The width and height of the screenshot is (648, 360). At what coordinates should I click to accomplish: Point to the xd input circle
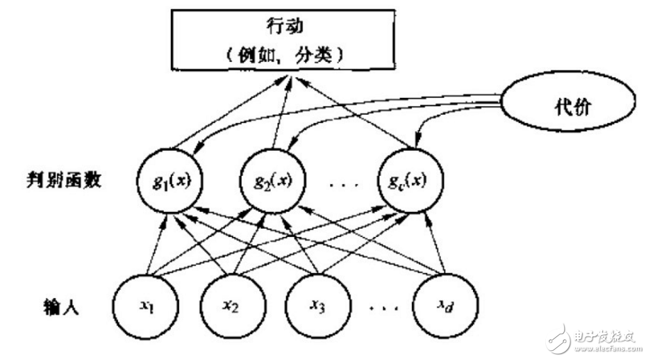click(x=445, y=307)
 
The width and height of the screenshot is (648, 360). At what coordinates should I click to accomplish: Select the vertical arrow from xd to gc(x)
click(x=438, y=243)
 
